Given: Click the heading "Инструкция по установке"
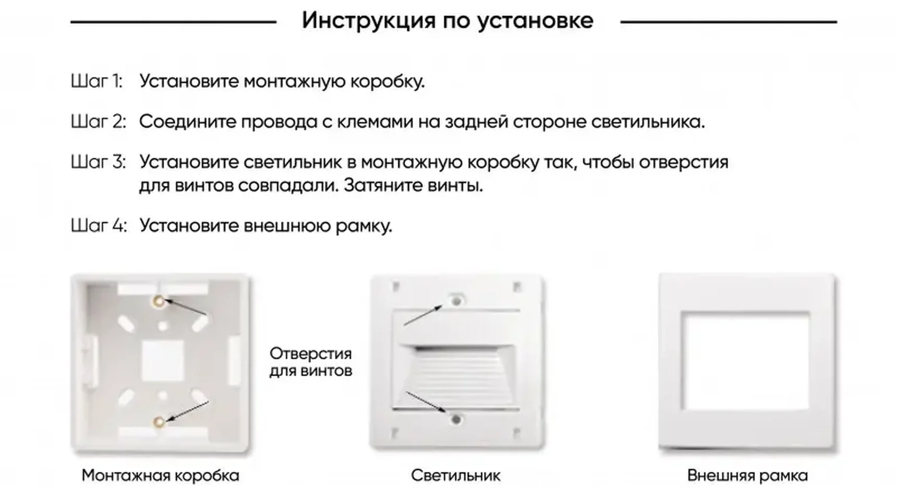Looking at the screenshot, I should coord(447,21).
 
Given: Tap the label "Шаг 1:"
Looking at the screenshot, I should coord(96,81).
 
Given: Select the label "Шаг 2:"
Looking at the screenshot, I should coord(98,122).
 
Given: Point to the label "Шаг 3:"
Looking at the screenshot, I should coord(98,162).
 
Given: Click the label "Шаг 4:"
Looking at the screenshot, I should coord(99,225).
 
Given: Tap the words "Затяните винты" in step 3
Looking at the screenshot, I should coord(413,185).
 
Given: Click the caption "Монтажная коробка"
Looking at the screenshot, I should coord(160,475).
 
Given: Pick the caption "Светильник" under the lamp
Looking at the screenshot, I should coord(455,475).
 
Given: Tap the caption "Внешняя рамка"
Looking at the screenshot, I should coord(747,475).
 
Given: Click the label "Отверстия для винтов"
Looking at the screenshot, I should coord(311,362).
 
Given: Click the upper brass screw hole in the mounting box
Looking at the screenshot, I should coord(158,301).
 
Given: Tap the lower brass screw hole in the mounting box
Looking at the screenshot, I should coord(159,421).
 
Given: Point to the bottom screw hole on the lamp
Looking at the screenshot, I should coord(456,419).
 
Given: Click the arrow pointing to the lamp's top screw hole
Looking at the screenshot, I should coord(423,315).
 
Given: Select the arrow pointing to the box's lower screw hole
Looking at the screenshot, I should coord(188,411).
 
